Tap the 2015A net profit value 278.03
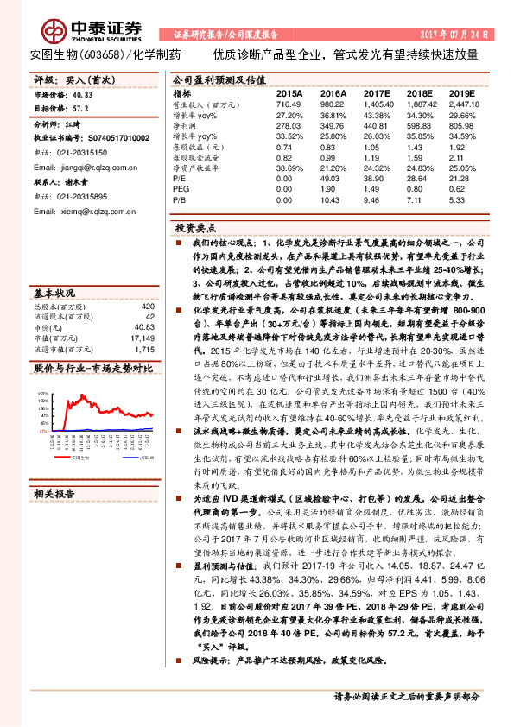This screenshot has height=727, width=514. [x=289, y=124]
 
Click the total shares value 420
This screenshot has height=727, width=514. [x=148, y=307]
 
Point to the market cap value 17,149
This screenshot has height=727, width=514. [x=143, y=338]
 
